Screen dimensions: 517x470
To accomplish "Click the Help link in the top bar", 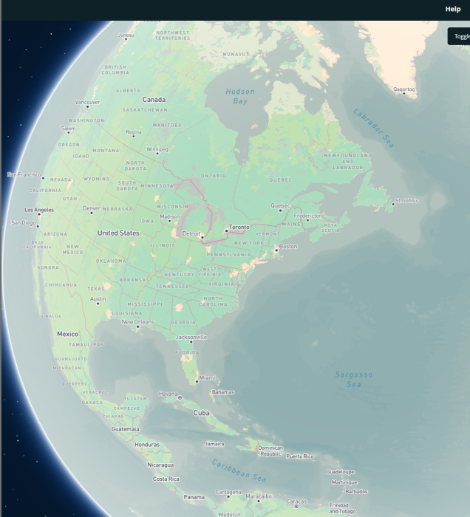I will coord(453,9).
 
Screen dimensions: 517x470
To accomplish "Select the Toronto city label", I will coord(239,227).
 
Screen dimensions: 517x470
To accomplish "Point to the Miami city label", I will coord(207,377).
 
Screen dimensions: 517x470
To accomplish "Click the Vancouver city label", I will coord(87,102).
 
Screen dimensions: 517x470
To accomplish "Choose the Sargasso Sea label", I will coord(354,380).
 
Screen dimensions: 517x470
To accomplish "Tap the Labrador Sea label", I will coord(373,128).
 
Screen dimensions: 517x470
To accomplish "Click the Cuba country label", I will coord(201,413).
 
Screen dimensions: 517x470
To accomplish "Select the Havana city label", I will coord(168,394).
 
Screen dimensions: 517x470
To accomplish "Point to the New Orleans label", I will coord(138,322).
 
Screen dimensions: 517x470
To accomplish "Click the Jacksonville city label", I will coord(191,337).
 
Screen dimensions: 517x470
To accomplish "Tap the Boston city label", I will coord(287,246).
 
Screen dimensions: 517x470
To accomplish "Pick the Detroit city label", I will coord(191,233).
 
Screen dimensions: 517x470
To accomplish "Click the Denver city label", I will coord(92,208).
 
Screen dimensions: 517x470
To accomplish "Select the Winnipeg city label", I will coord(157,149).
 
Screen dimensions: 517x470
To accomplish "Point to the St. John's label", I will coord(407,200).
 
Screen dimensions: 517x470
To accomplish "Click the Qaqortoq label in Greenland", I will coord(405,89).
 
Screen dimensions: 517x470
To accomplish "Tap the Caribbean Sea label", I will coord(239,470).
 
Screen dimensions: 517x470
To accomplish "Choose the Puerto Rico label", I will coord(300,456).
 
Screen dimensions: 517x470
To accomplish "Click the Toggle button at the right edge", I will coord(460,35).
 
